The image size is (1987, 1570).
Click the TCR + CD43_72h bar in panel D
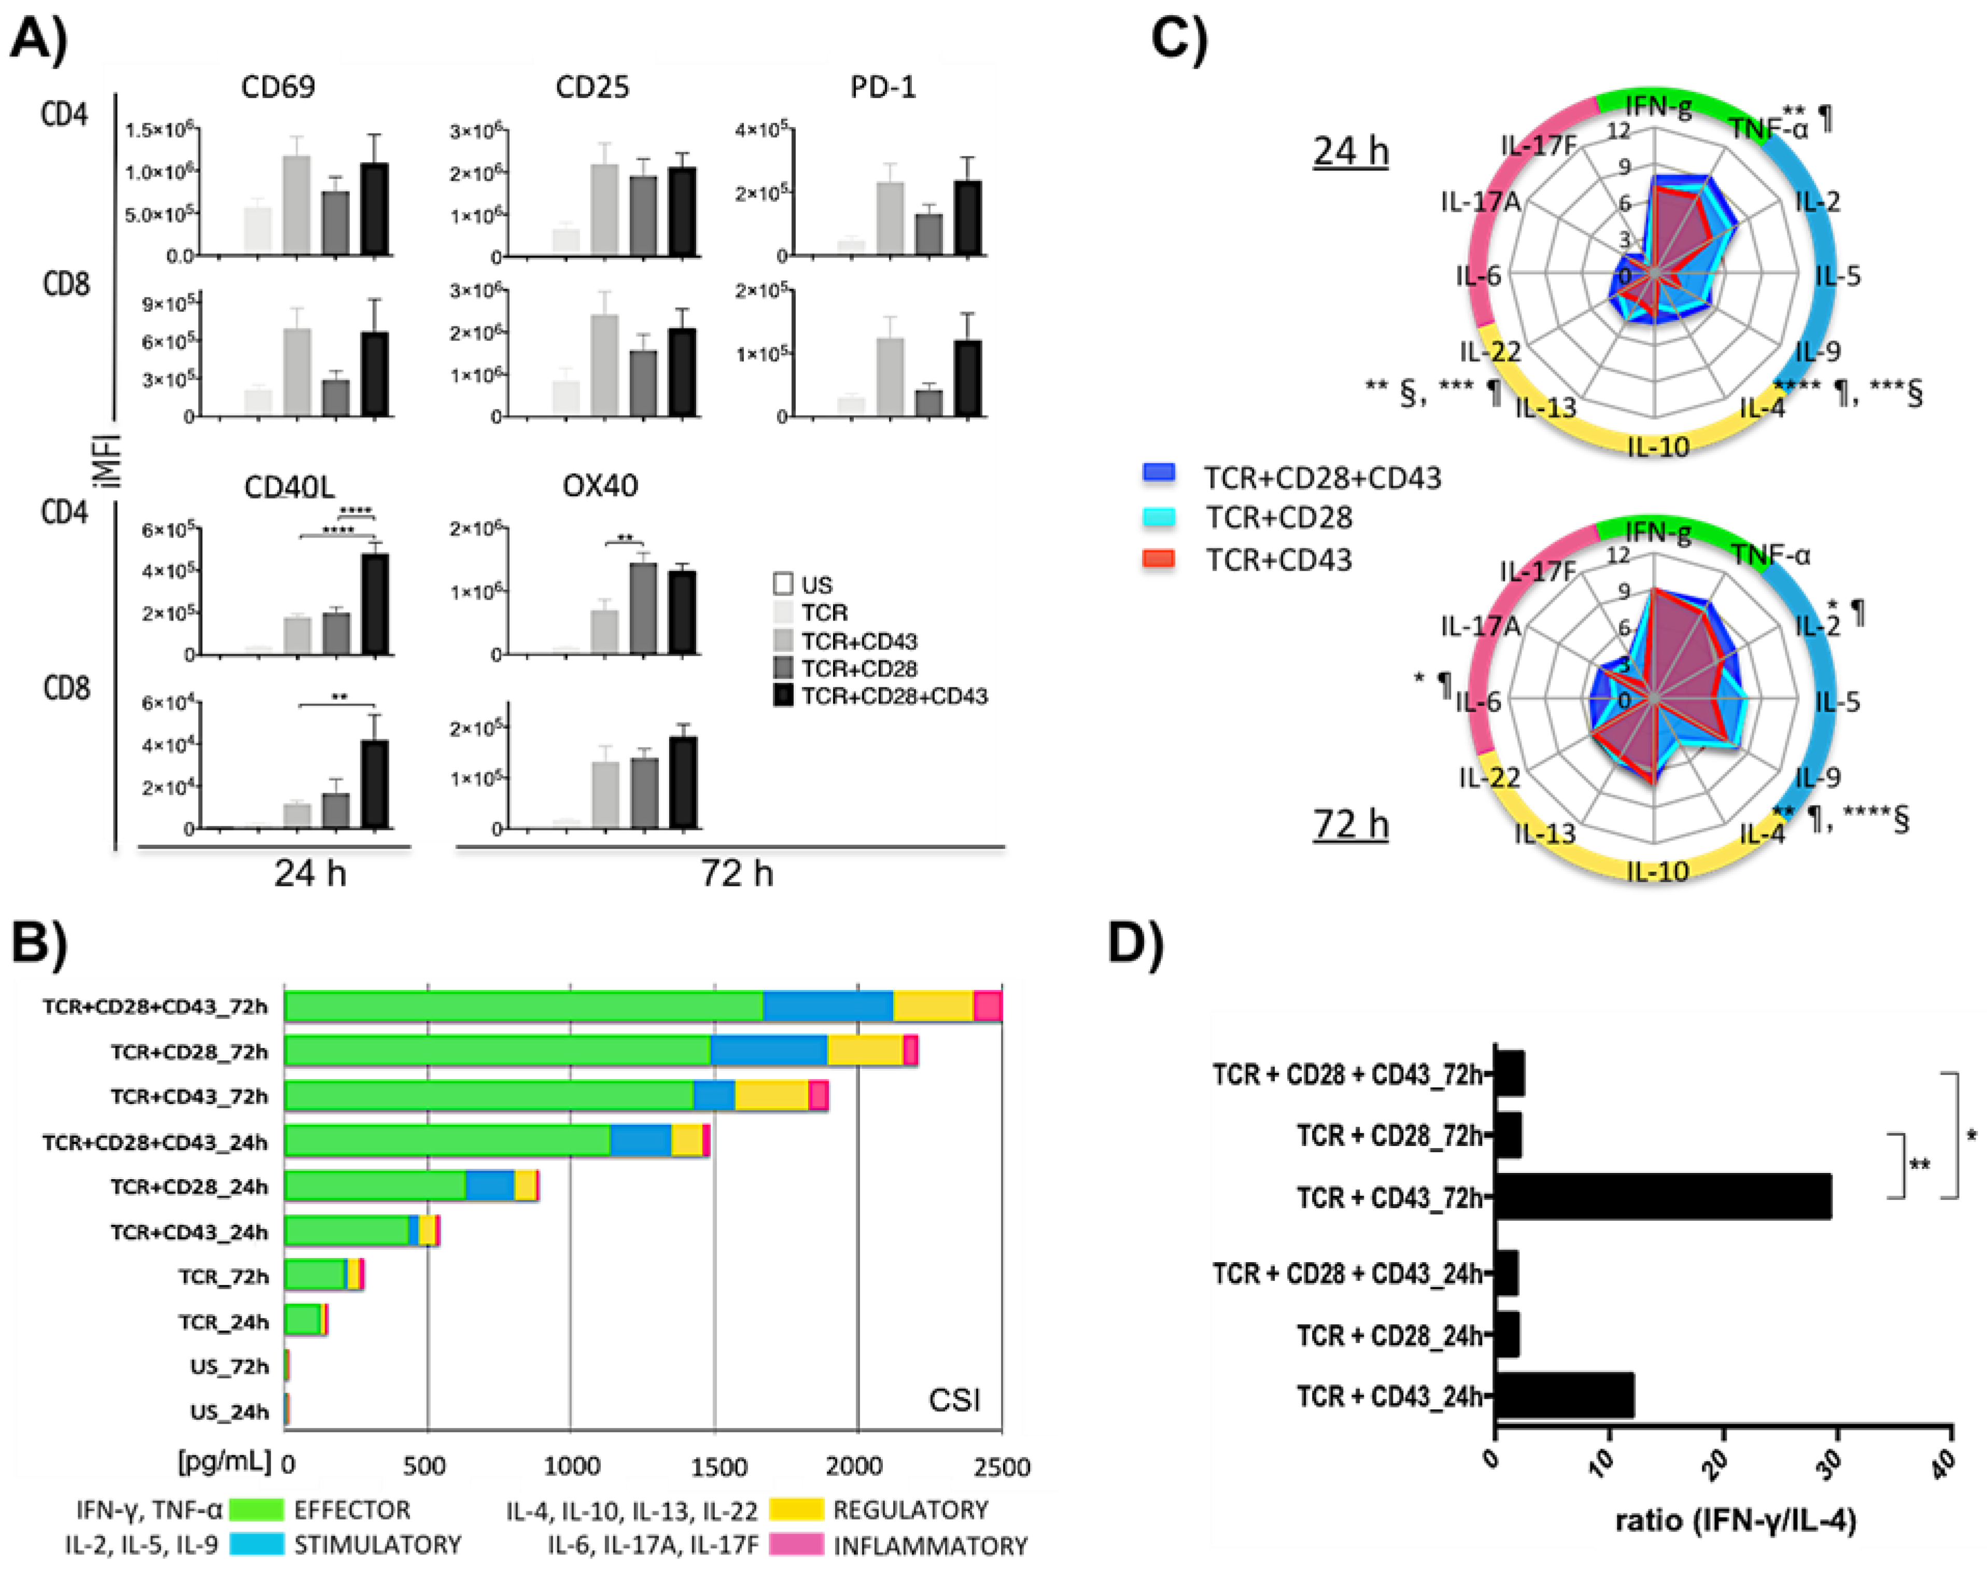(1662, 1197)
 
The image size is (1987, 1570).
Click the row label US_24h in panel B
(229, 1412)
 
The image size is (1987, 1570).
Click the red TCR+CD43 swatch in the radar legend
(1159, 558)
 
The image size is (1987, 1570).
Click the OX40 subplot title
(599, 485)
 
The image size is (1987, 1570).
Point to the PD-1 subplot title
(883, 87)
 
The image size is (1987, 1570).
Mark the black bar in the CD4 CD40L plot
(375, 604)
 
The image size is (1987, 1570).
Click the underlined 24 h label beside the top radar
(1350, 151)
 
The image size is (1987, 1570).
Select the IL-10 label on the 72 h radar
(1657, 870)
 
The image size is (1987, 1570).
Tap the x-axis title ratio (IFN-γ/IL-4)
(1735, 1520)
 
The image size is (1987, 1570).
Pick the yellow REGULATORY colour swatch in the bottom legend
(795, 1509)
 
